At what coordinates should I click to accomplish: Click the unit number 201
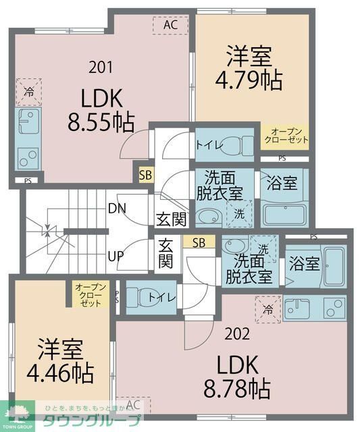pos(101,67)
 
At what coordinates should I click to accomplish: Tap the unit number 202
pos(238,333)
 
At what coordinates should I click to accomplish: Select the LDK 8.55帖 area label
pos(101,110)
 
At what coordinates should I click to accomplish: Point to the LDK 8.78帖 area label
pos(238,377)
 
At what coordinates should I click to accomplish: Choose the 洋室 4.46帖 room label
pos(60,361)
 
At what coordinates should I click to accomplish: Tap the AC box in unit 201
pos(170,25)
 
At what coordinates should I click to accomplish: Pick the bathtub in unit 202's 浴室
pos(333,266)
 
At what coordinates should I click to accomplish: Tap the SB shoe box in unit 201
pos(145,174)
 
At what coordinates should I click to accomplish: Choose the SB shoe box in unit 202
pos(199,242)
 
